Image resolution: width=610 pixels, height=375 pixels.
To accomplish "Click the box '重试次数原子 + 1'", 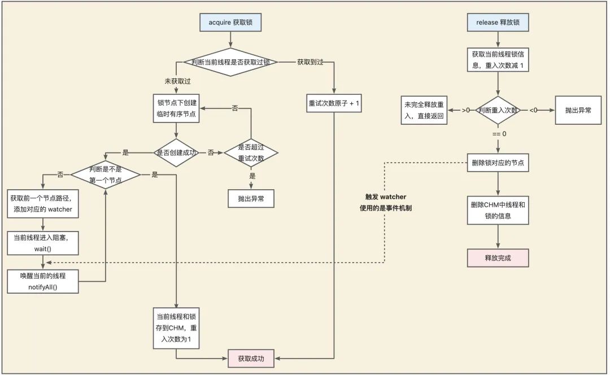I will coord(334,104).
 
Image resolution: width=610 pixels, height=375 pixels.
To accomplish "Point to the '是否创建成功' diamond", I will coord(176,152).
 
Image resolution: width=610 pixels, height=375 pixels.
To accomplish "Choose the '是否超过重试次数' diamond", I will coord(251,152).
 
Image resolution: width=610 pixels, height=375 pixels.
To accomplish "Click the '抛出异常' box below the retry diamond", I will coord(251,198).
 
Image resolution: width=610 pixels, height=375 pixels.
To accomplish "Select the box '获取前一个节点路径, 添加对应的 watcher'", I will coord(43,204).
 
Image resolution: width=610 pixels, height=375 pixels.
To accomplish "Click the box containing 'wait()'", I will coord(43,242).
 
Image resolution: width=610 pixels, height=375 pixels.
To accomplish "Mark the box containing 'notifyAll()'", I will coord(43,281).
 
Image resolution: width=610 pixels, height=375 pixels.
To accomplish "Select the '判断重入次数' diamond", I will coord(498,110).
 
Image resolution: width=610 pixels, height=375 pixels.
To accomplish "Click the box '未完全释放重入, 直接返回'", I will coord(424,110).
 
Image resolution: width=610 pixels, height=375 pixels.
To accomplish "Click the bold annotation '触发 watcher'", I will coord(386,197).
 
